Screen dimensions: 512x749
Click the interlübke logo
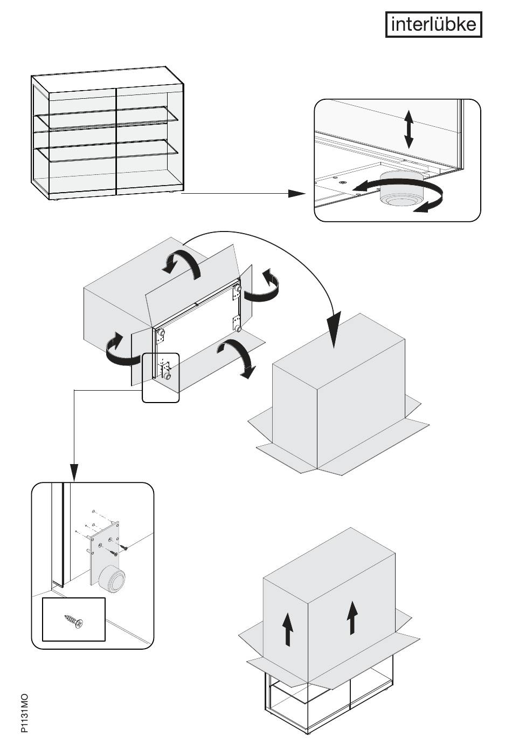pos(433,24)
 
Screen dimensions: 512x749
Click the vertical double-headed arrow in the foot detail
pos(409,130)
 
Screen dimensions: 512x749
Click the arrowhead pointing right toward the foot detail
pos(296,193)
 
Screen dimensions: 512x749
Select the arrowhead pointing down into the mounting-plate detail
pos(74,473)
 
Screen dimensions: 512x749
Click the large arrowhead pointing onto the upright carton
pos(334,330)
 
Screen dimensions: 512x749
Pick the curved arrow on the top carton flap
pos(182,262)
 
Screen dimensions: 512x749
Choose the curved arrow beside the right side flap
pos(261,285)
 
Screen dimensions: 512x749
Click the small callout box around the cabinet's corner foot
pos(161,377)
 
